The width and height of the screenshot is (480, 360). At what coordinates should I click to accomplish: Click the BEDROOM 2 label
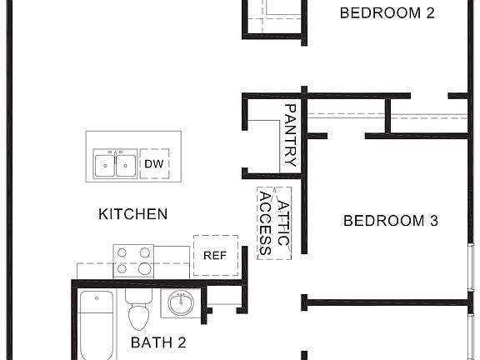click(387, 12)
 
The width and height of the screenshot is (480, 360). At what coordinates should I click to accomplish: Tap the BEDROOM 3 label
click(391, 221)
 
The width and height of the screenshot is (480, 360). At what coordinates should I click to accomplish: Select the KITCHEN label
click(133, 214)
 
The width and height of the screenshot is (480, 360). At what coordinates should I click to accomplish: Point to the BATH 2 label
click(157, 342)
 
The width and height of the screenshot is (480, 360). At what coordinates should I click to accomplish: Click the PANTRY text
click(291, 136)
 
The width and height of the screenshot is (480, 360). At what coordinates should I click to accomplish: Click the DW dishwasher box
click(153, 164)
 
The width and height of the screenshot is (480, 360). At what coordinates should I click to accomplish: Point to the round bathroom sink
click(181, 303)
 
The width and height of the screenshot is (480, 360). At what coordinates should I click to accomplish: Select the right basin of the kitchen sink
click(125, 165)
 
